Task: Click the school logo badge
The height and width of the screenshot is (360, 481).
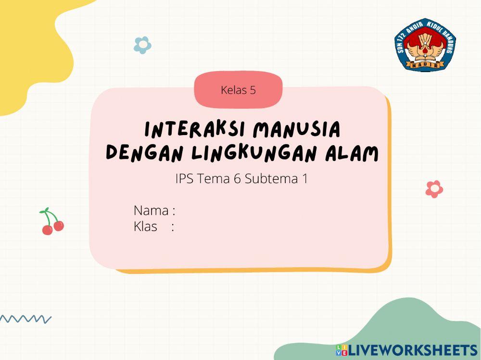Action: tap(425, 45)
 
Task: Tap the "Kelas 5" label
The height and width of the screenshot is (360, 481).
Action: tap(238, 90)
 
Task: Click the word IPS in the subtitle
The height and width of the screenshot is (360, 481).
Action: tap(184, 179)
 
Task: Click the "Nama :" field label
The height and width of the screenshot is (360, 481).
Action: tap(154, 211)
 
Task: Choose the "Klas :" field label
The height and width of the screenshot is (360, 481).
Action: tap(153, 226)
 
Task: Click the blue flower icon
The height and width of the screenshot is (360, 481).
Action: tap(142, 45)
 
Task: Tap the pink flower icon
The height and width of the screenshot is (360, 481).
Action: tap(434, 189)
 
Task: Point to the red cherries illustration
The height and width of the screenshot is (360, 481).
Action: tap(52, 222)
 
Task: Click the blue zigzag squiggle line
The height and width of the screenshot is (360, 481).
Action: tap(25, 319)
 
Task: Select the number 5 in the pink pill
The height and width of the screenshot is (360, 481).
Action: tap(253, 90)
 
